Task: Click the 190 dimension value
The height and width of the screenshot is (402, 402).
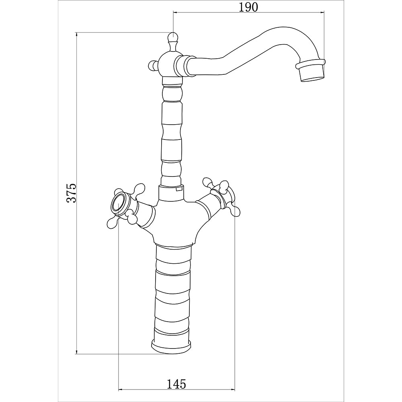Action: click(x=248, y=7)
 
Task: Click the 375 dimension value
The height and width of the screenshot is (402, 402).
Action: click(x=72, y=193)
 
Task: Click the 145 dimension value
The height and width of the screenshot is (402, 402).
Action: click(x=176, y=384)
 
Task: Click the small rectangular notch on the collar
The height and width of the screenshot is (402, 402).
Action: click(x=179, y=189)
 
